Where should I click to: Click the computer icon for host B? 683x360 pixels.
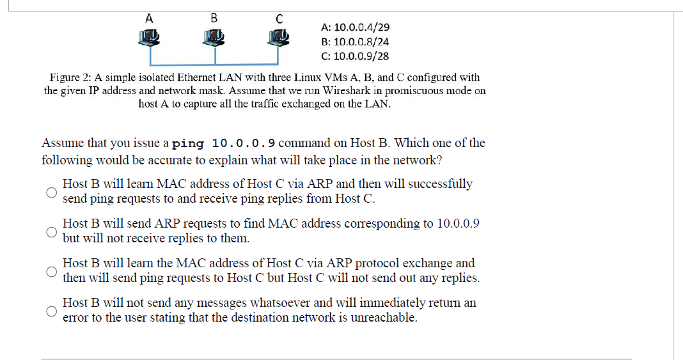point(215,38)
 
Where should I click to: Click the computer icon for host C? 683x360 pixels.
point(278,38)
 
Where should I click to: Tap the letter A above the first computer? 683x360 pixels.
point(149,18)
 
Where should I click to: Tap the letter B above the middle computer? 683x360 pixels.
point(214,18)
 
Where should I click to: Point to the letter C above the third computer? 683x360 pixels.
point(278,19)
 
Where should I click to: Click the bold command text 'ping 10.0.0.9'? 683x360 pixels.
point(224,143)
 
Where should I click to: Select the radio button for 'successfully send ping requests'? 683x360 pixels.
point(51,191)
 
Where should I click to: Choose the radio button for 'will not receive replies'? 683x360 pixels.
point(51,231)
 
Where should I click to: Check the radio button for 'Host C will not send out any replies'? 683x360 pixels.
point(51,271)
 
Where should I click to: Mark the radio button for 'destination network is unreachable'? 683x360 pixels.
point(51,311)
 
